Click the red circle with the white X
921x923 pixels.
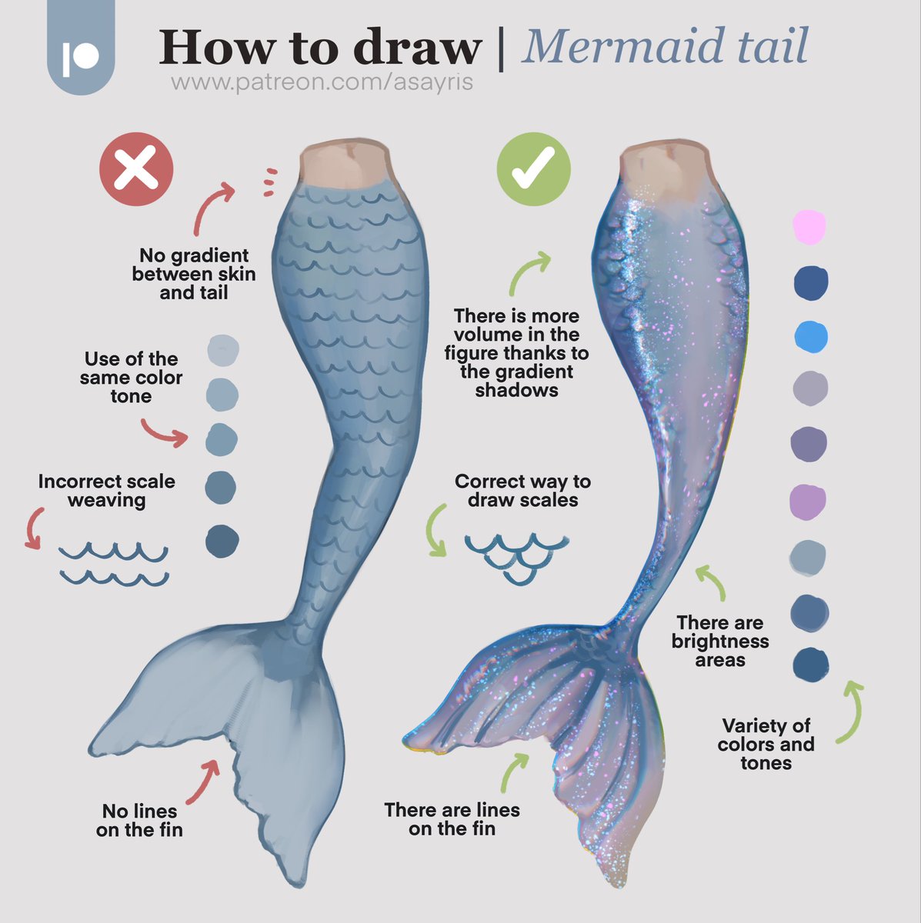[x=136, y=169]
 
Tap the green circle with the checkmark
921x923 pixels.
[x=533, y=169]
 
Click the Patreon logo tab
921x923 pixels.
[x=81, y=47]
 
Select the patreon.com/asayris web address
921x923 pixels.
[x=322, y=82]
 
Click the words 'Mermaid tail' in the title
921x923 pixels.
[x=665, y=46]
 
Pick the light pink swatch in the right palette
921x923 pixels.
[x=809, y=227]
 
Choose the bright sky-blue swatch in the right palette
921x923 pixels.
[x=811, y=337]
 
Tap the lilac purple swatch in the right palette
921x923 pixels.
[x=808, y=501]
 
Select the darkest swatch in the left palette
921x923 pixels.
[x=222, y=541]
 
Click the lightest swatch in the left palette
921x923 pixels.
[x=223, y=350]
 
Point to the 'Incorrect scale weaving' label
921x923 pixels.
[x=107, y=491]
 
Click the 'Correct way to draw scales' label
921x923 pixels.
[x=522, y=491]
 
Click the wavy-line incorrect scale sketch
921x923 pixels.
[x=114, y=564]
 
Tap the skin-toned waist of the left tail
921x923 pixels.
[x=348, y=163]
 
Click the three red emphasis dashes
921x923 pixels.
[x=271, y=182]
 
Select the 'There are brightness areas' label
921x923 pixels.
[x=719, y=641]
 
